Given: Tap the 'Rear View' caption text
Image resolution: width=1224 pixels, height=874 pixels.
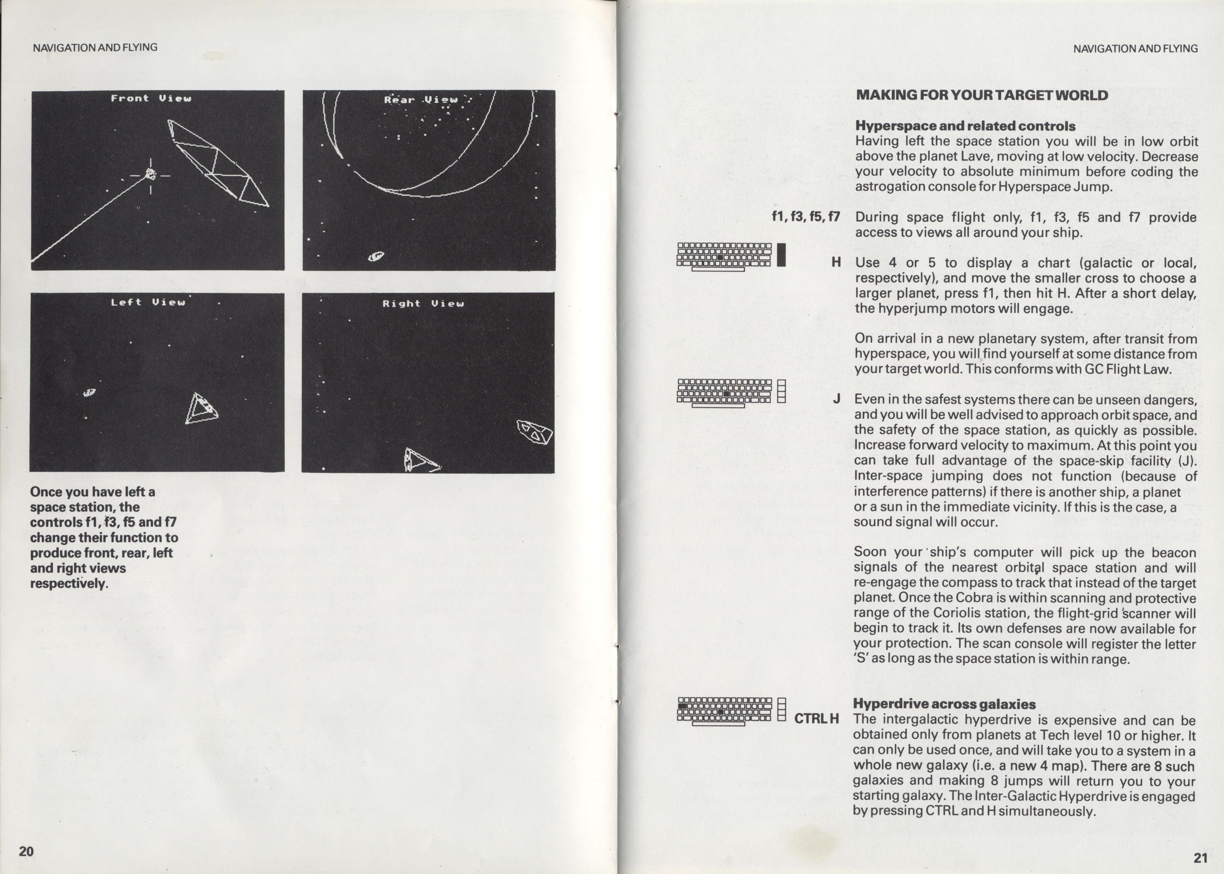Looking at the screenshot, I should [x=421, y=100].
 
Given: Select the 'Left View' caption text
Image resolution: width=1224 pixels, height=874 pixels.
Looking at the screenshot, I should [x=148, y=302].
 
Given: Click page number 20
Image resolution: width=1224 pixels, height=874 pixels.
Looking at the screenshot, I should [x=26, y=851].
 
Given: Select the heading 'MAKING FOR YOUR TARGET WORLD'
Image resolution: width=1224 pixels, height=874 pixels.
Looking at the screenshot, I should [x=982, y=95].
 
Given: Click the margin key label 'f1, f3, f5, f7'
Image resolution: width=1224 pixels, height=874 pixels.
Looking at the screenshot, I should [x=805, y=218].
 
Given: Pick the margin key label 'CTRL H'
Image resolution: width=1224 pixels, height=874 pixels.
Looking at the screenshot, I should [x=817, y=718].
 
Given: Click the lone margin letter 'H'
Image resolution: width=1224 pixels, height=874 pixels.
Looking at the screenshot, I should [x=836, y=262].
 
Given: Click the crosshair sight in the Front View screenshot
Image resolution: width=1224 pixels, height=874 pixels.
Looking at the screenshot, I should [x=151, y=175].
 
